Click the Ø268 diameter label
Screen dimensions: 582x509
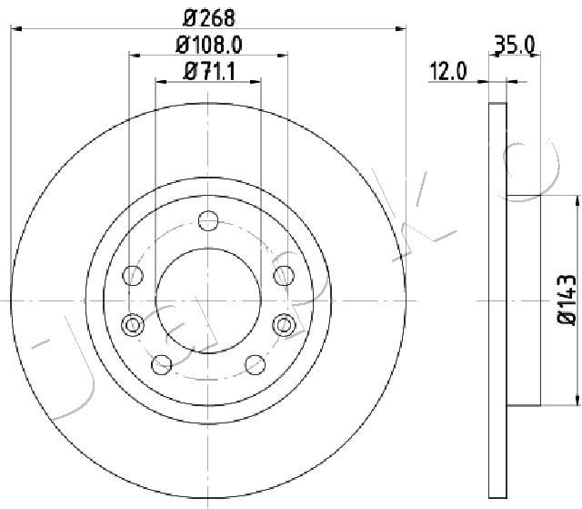click(209, 17)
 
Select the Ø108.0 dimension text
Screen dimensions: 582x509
click(209, 45)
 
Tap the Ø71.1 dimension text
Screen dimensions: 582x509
click(209, 71)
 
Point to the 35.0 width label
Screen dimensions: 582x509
click(516, 45)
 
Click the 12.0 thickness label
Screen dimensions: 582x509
click(447, 71)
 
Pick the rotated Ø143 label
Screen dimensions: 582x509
click(567, 300)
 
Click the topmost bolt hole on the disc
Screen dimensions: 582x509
click(208, 220)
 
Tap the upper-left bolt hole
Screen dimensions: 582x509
click(133, 275)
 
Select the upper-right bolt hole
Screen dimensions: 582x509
click(284, 276)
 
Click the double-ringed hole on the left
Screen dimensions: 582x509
click(133, 325)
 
